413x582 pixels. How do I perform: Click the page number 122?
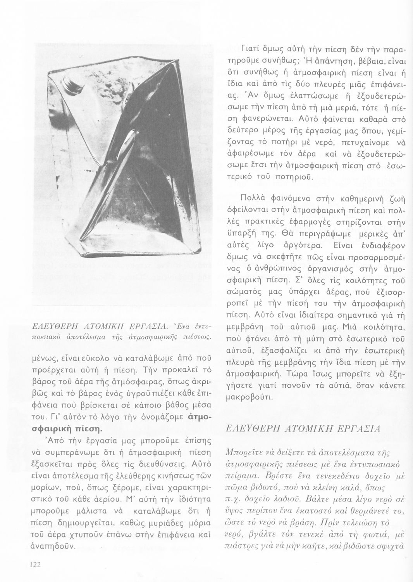tap(35, 564)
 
